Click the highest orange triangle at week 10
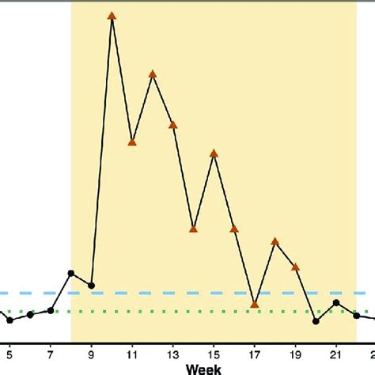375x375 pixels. [x=112, y=15]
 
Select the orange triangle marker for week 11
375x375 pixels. [x=132, y=142]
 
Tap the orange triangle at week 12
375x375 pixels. [x=153, y=74]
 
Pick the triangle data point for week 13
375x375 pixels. [x=172, y=124]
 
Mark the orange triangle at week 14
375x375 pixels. [x=194, y=229]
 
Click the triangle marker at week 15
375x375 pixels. [x=214, y=153]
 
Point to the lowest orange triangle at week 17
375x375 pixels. [x=255, y=303]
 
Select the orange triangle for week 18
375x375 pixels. [x=275, y=241]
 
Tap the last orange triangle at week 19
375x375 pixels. [x=295, y=267]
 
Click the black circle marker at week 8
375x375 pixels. [x=71, y=273]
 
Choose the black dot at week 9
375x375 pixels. [x=92, y=285]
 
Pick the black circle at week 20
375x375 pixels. [x=316, y=321]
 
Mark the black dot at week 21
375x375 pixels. [x=336, y=302]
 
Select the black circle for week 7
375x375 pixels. [x=51, y=310]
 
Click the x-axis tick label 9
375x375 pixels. [x=92, y=353]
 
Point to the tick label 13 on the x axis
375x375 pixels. [x=172, y=353]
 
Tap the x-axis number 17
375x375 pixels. [x=255, y=353]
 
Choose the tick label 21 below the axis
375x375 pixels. [x=336, y=353]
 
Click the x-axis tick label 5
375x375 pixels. [x=9, y=353]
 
